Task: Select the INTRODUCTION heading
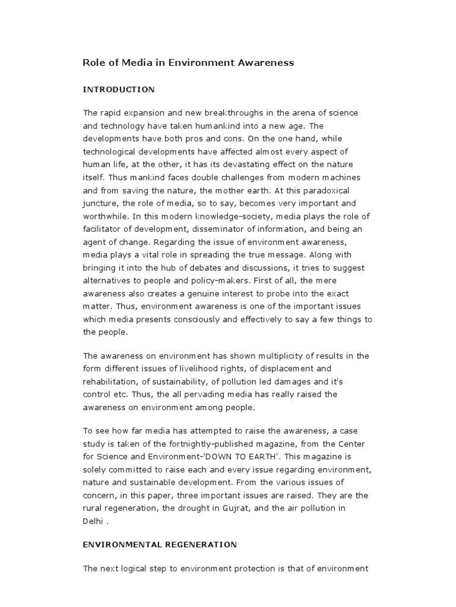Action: [119, 90]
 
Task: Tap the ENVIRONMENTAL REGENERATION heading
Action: [160, 544]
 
